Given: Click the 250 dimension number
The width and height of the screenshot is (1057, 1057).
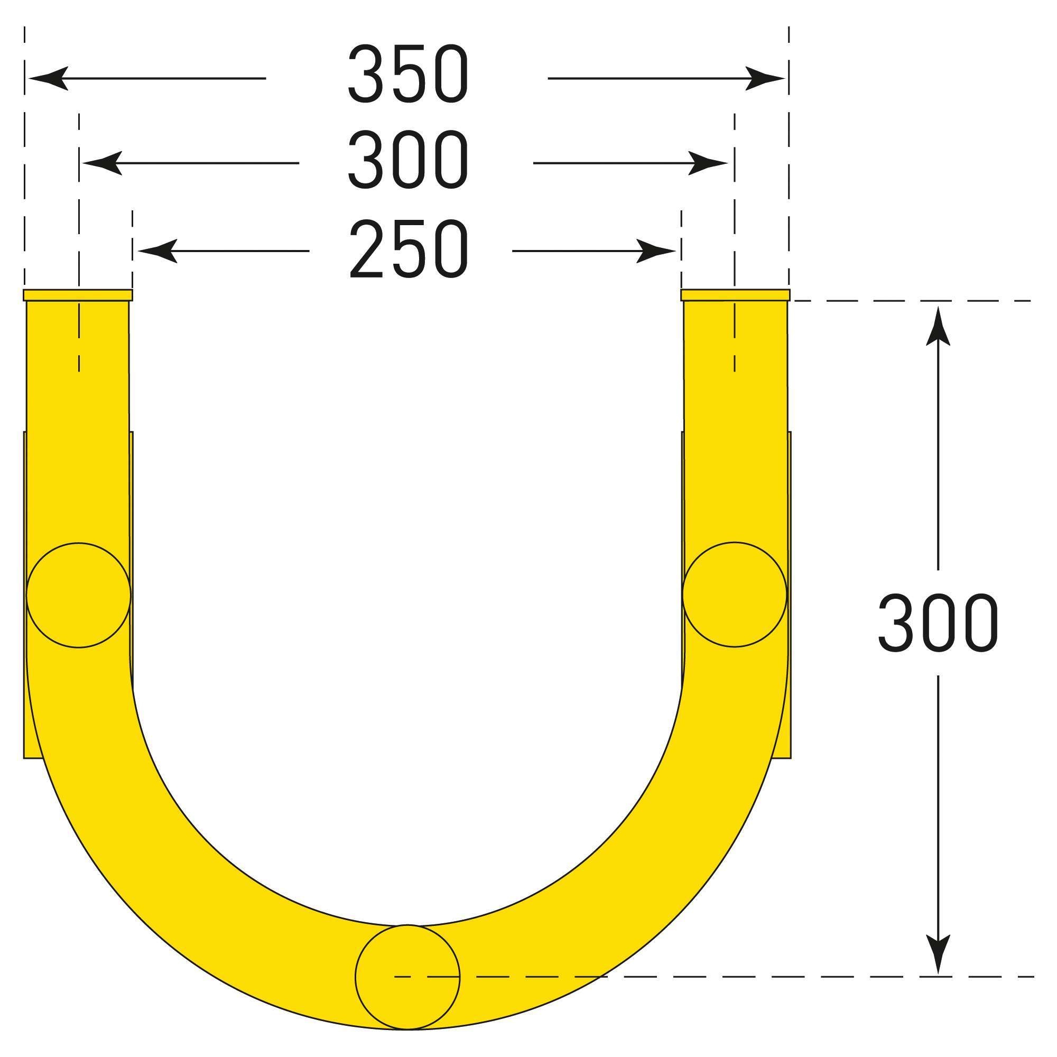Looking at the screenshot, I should point(408,250).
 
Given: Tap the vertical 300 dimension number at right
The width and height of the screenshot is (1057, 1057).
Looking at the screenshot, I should point(938,623).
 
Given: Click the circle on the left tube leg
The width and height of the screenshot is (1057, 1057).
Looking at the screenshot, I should point(79,595).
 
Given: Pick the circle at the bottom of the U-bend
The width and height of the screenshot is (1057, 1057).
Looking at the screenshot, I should point(407,976).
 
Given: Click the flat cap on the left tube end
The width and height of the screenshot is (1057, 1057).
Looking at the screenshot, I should point(78,295).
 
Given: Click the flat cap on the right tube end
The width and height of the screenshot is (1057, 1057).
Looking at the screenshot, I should point(735,295).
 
